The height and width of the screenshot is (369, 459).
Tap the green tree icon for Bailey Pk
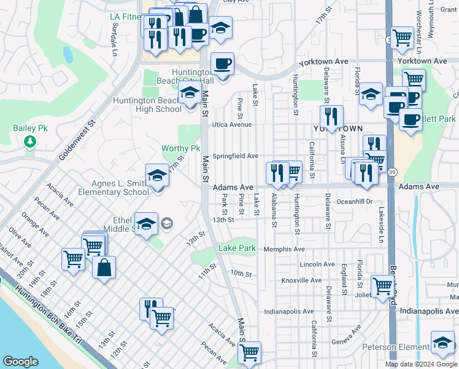(x=29, y=143)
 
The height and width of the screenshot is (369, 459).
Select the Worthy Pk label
(x=181, y=149)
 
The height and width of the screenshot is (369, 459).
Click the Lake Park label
(x=237, y=248)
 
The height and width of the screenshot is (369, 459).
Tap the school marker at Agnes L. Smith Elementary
(x=157, y=177)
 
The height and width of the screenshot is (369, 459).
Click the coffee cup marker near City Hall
(x=223, y=63)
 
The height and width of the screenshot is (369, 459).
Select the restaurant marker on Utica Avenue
(x=331, y=116)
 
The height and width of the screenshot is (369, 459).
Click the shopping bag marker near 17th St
(x=104, y=268)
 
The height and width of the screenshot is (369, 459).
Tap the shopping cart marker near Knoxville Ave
(x=382, y=286)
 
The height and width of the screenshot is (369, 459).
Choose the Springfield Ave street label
(x=236, y=156)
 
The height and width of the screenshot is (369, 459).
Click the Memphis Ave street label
(x=284, y=249)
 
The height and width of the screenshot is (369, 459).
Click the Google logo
(x=20, y=362)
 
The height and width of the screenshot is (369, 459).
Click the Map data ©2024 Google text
(x=421, y=364)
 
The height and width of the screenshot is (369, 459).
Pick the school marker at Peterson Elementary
(x=442, y=344)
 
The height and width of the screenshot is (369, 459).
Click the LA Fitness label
(x=125, y=17)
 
